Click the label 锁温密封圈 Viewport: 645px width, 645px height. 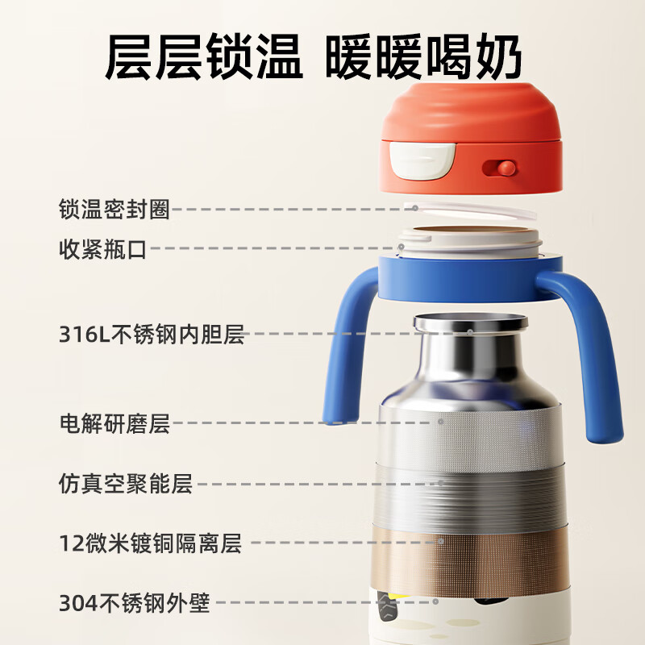(114, 209)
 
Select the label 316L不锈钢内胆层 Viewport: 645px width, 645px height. (151, 333)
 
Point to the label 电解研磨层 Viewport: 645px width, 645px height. (114, 422)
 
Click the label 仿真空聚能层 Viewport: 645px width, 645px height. (126, 485)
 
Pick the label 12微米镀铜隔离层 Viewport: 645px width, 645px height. (150, 543)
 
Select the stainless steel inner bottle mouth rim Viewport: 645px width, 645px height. (470, 322)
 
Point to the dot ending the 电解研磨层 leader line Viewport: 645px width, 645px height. (441, 421)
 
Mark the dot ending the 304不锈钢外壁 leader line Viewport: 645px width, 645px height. (435, 601)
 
